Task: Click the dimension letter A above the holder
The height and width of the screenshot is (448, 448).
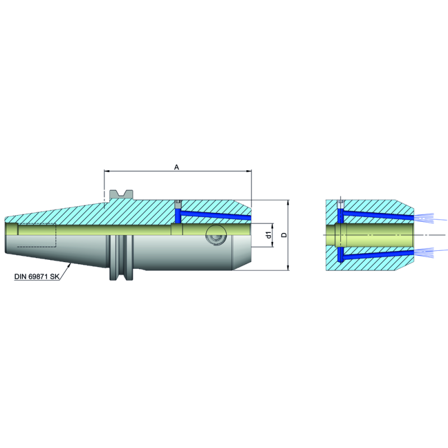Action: coord(177,167)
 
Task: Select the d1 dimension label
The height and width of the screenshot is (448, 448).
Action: coord(269,235)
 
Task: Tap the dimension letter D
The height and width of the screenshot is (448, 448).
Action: coord(284,235)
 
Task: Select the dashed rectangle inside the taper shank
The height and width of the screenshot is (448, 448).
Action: coord(37,235)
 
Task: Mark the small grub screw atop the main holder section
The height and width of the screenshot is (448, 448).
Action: coord(178,202)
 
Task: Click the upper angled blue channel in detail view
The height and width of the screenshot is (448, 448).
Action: coord(378,214)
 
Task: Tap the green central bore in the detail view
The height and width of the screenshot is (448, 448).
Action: coord(375,235)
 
